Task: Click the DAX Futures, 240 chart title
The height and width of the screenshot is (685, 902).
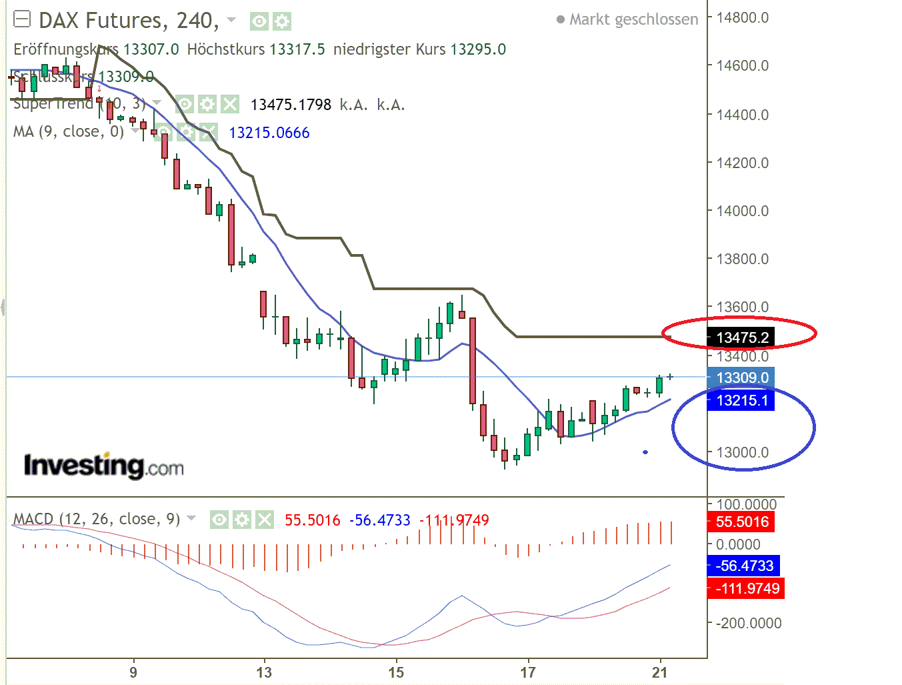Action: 128,21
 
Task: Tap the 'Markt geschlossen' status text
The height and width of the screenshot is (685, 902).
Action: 633,19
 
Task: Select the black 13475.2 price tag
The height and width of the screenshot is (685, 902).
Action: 742,337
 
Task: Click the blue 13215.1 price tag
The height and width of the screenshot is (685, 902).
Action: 741,400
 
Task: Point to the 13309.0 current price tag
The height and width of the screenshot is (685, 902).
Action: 741,378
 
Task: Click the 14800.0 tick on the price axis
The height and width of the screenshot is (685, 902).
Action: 742,17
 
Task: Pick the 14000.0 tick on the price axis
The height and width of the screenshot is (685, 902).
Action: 742,211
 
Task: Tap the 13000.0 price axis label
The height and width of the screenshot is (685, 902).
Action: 742,452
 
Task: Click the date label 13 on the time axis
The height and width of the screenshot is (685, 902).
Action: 264,672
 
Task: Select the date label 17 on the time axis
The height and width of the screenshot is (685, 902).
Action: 528,672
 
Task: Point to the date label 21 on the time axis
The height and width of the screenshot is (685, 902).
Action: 659,672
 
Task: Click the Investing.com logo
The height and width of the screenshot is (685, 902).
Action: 103,466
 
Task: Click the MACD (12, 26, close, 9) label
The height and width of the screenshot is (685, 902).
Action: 97,519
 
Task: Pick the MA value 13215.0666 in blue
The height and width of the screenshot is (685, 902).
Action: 269,133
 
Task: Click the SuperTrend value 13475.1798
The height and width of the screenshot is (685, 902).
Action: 291,105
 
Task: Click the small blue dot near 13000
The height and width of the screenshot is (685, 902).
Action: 645,452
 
